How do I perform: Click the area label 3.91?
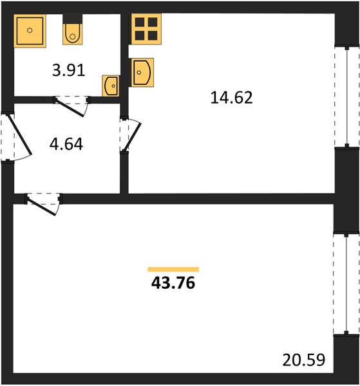pyautogui.click(x=69, y=70)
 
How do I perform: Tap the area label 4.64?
pyautogui.click(x=66, y=144)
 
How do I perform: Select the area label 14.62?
pyautogui.click(x=232, y=98)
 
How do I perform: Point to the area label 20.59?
pyautogui.click(x=304, y=360)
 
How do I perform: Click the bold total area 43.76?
pyautogui.click(x=173, y=283)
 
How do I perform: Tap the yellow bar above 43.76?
pyautogui.click(x=173, y=270)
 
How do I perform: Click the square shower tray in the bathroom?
pyautogui.click(x=30, y=31)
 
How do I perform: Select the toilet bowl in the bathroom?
pyautogui.click(x=72, y=34)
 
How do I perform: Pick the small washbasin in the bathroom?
pyautogui.click(x=111, y=86)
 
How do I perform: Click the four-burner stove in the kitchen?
pyautogui.click(x=146, y=29)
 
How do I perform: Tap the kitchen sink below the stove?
pyautogui.click(x=142, y=72)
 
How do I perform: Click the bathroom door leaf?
pyautogui.click(x=70, y=107)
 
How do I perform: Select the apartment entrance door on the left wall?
pyautogui.click(x=20, y=135)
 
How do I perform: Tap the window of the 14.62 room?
pyautogui.click(x=347, y=96)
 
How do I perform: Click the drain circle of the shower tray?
pyautogui.click(x=30, y=30)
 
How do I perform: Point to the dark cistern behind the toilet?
pyautogui.click(x=72, y=19)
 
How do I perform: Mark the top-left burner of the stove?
pyautogui.click(x=140, y=22)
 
